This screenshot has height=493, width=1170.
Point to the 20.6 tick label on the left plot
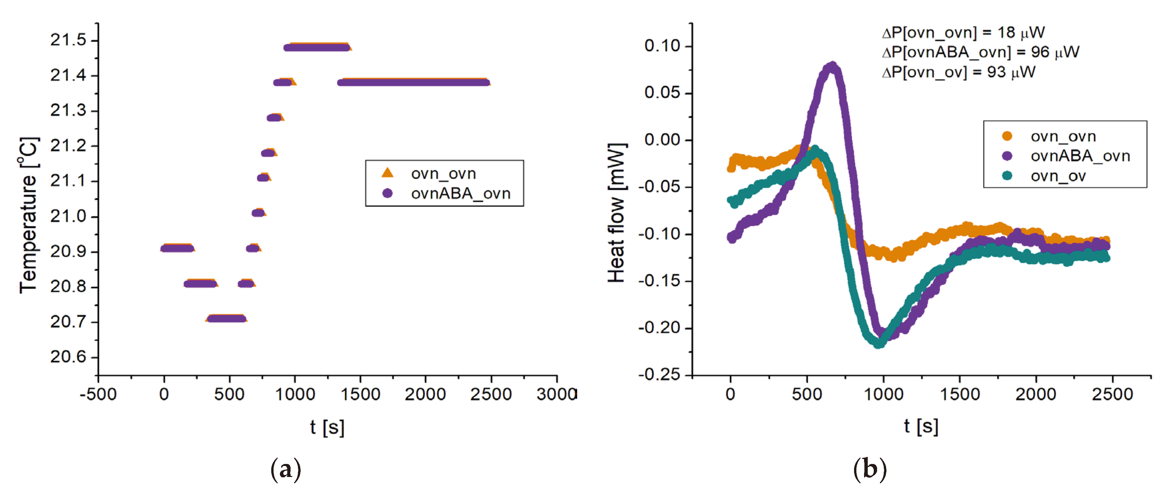click(68, 357)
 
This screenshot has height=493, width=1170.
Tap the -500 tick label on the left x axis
click(98, 394)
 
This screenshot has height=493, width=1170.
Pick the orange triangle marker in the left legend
click(387, 173)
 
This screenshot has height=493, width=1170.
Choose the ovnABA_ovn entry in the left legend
click(460, 194)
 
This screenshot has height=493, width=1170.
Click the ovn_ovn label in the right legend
click(1063, 136)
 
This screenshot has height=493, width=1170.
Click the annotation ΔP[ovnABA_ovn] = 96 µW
click(981, 52)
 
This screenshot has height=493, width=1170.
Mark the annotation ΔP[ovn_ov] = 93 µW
click(958, 72)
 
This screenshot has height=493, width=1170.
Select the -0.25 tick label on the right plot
click(660, 375)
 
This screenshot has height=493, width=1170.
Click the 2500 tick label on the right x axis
click(1112, 394)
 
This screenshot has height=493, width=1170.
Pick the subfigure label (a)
click(285, 469)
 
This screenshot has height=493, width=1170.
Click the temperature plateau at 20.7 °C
click(226, 318)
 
